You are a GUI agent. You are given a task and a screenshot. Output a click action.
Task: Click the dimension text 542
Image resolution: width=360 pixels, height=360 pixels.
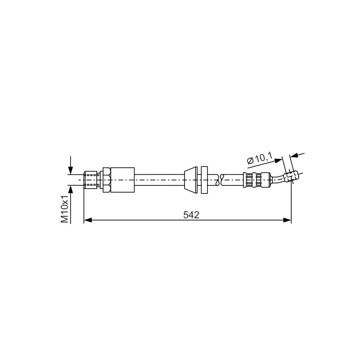191,215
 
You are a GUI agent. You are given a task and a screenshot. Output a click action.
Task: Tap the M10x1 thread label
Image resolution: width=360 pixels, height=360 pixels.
65,209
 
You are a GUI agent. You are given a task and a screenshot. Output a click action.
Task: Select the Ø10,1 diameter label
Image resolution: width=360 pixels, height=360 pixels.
260,158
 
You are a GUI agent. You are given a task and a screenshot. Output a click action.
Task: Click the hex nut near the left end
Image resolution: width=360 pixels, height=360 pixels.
107,180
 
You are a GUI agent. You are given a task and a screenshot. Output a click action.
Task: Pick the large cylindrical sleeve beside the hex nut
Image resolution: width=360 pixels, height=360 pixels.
122,180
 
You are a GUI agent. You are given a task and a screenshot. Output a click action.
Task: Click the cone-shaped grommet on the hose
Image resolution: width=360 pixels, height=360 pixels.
191,180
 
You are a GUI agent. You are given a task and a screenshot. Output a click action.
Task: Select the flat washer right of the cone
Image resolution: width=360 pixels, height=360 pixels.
204,180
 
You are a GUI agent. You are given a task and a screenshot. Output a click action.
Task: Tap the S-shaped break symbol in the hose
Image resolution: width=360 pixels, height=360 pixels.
219,180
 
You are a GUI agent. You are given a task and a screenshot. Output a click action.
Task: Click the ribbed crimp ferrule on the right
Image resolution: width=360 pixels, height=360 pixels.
256,180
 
